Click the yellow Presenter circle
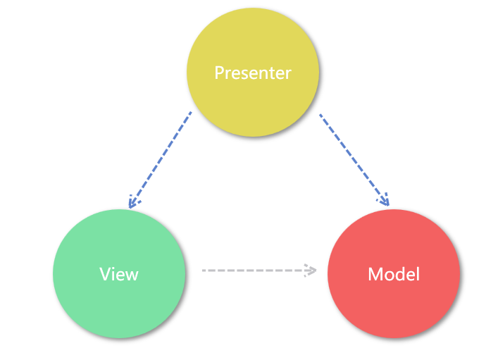click(252, 49)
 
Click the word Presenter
click(252, 73)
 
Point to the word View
click(119, 274)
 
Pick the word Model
click(394, 274)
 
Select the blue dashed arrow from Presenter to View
click(161, 159)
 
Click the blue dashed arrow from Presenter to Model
click(352, 159)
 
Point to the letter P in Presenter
click(219, 73)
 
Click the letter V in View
click(104, 274)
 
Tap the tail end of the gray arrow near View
click(204, 270)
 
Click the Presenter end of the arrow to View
click(190, 113)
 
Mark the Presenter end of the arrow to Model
click(321, 115)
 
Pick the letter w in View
click(132, 275)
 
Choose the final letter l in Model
click(418, 273)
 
